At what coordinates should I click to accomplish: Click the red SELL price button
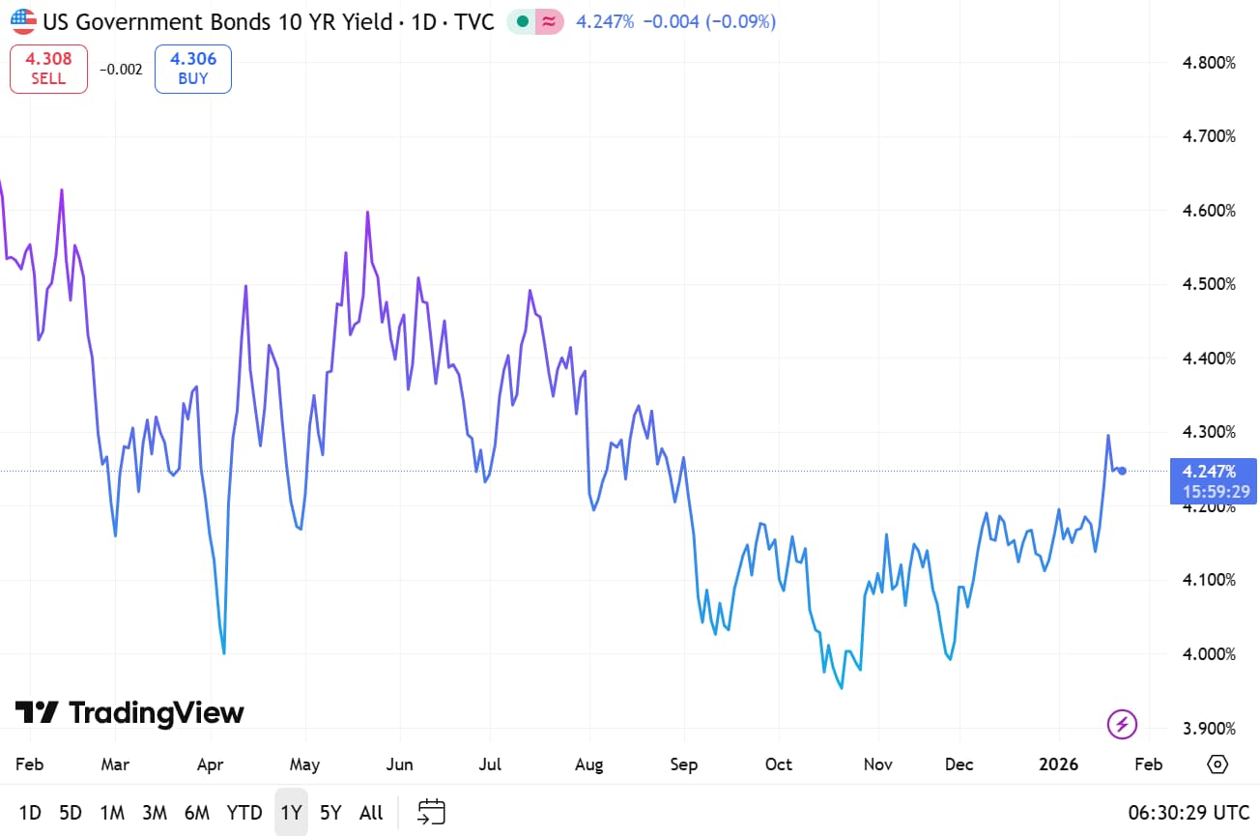(x=48, y=69)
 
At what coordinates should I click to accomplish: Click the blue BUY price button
(x=193, y=69)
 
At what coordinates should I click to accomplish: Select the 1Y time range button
(x=291, y=813)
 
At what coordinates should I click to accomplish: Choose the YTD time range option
(x=243, y=813)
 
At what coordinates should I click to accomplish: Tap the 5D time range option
(x=71, y=813)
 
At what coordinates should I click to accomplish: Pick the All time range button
(x=371, y=813)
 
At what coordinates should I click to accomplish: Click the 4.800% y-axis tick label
(x=1209, y=63)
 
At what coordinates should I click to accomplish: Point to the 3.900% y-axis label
(x=1209, y=728)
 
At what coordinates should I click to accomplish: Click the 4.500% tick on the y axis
(x=1209, y=284)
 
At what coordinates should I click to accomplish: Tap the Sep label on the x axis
(x=683, y=764)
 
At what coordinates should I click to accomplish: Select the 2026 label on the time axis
(x=1058, y=764)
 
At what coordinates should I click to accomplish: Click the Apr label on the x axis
(x=210, y=764)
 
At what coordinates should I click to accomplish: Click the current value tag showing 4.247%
(x=1209, y=472)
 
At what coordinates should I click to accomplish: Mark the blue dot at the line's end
(x=1122, y=471)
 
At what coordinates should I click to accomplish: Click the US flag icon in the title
(x=23, y=21)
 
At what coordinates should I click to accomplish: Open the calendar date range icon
(x=431, y=812)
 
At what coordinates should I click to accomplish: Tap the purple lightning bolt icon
(x=1122, y=723)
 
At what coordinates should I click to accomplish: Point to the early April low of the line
(x=224, y=653)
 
